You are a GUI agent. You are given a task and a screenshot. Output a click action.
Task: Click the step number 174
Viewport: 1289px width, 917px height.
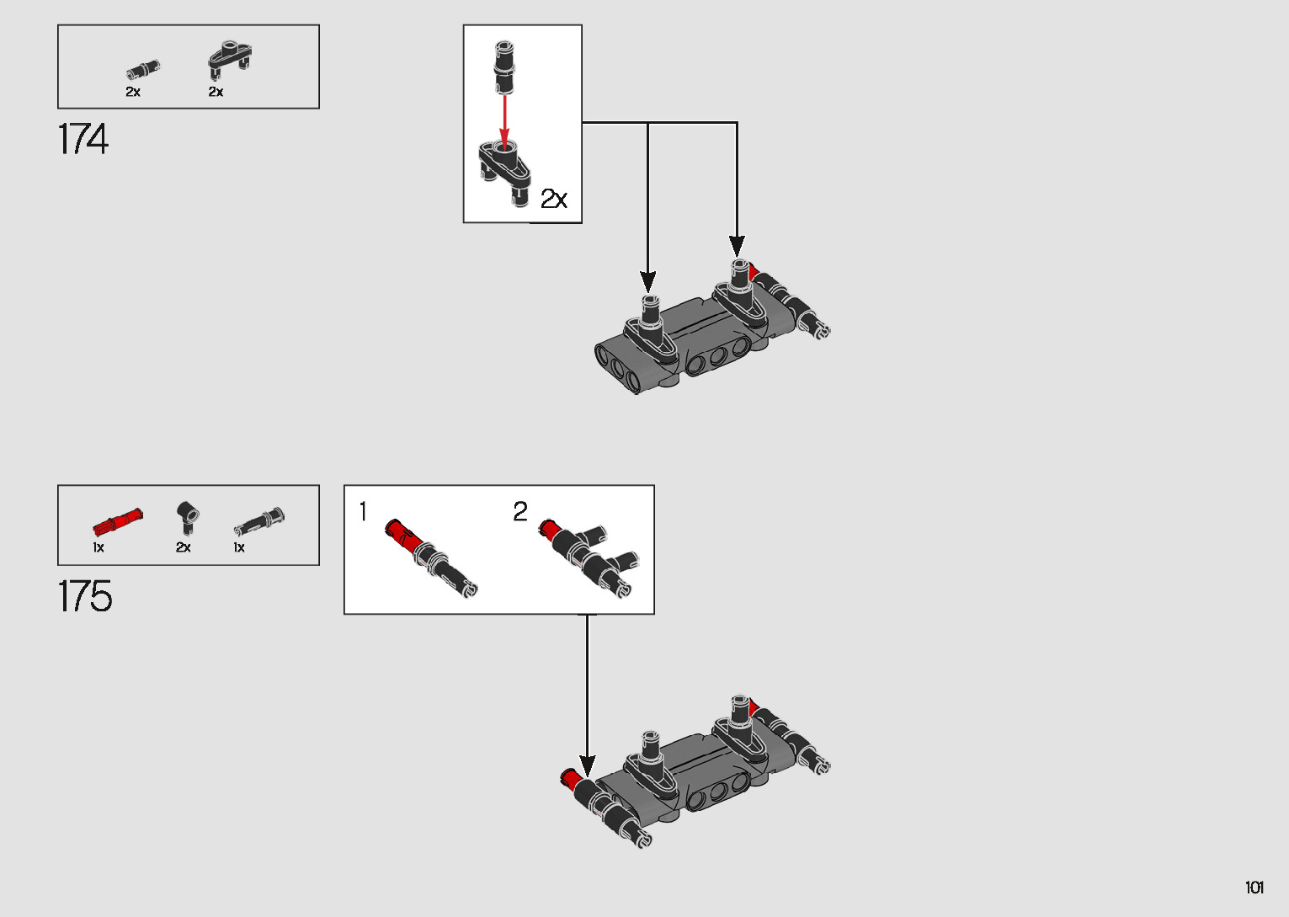[83, 139]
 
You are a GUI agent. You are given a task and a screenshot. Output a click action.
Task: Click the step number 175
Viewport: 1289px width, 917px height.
[84, 595]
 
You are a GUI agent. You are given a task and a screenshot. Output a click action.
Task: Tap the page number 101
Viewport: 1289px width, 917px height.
[1254, 887]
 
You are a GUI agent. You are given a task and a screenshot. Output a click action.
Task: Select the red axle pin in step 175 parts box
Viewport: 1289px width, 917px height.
[117, 521]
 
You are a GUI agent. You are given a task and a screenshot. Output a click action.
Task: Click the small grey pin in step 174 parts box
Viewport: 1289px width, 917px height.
[143, 69]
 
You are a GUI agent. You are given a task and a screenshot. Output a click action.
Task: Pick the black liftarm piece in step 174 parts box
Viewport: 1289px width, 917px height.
[230, 59]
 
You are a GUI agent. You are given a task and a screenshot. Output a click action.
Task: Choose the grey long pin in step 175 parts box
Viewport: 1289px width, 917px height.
[259, 521]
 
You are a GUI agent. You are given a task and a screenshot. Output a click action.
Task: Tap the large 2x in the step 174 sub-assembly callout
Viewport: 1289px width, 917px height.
[554, 199]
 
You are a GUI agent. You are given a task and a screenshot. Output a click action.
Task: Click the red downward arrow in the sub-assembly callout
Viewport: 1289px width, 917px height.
[504, 122]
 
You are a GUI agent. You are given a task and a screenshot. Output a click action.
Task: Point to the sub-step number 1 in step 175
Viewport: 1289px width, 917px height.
[363, 511]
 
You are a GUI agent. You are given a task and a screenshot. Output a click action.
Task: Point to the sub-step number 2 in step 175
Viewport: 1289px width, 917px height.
[520, 511]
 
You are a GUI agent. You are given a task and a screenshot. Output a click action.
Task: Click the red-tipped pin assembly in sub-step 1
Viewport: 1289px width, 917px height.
[430, 557]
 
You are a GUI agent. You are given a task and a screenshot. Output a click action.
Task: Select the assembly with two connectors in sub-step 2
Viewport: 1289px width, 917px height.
[589, 557]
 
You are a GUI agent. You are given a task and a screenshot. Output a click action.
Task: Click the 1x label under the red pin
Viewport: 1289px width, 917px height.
[99, 547]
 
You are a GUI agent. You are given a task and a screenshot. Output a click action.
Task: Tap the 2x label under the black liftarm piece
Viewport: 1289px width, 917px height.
[216, 92]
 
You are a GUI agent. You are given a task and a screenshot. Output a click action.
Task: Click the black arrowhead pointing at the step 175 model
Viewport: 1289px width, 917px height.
[587, 766]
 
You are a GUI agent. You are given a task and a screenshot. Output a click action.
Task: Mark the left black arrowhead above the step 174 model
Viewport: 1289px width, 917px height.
[648, 281]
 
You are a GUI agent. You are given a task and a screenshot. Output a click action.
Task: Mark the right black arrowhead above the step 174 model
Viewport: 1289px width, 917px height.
[737, 246]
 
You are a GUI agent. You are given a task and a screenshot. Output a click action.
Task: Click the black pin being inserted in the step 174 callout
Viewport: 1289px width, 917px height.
[504, 67]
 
